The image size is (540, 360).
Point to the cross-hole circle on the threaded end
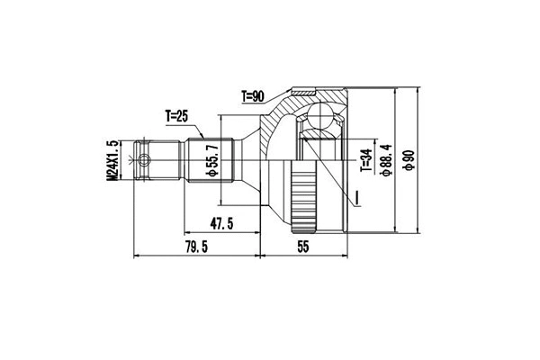tap(141, 161)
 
